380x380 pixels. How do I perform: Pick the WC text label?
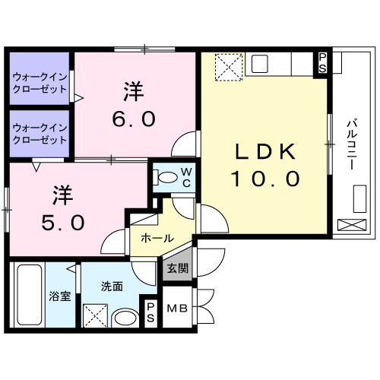[x=185, y=177]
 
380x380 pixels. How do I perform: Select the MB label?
[x=176, y=309]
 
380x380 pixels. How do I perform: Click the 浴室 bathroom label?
[x=60, y=296]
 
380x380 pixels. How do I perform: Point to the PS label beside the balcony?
[x=322, y=62]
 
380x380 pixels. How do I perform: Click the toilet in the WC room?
[x=164, y=178]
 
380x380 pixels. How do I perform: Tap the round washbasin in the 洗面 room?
[x=123, y=317]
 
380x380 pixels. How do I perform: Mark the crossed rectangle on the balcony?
[x=351, y=226]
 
